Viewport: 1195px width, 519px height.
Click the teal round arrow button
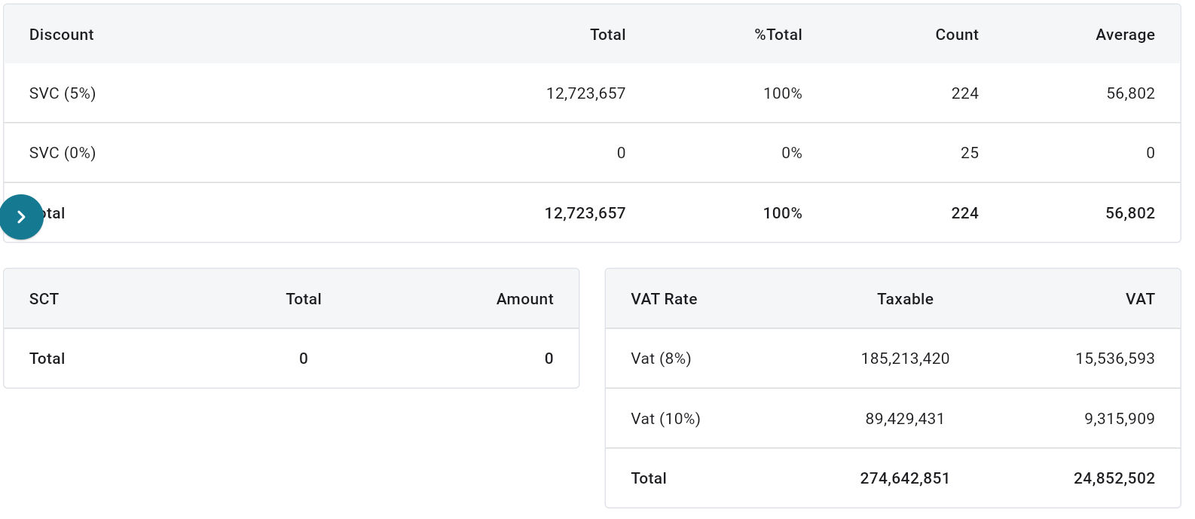coord(21,217)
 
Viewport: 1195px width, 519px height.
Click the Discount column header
coord(61,35)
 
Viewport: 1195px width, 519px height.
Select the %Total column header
coord(778,35)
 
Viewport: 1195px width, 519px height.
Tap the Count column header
coord(956,35)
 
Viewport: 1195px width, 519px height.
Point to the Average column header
coord(1124,35)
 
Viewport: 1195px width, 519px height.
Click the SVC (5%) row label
coord(63,93)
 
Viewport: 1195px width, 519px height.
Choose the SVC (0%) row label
coord(63,153)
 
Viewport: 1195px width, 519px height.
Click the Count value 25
coord(969,153)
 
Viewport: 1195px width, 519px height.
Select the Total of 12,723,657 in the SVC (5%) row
coord(585,93)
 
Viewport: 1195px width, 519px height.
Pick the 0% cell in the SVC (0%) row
coord(791,153)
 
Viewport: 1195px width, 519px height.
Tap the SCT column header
coord(44,299)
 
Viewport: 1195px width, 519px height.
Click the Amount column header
coord(524,299)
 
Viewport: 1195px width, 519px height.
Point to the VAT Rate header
coord(664,299)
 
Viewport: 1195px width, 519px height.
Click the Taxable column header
coord(905,299)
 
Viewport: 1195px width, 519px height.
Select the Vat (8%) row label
coord(661,359)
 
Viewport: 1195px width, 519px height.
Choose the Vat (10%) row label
coord(665,419)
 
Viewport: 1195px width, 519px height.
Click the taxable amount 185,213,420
coord(905,359)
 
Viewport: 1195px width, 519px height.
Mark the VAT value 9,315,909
coord(1119,419)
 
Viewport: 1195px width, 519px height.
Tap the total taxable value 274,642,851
coord(905,478)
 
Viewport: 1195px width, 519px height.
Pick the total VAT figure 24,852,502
coord(1114,478)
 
